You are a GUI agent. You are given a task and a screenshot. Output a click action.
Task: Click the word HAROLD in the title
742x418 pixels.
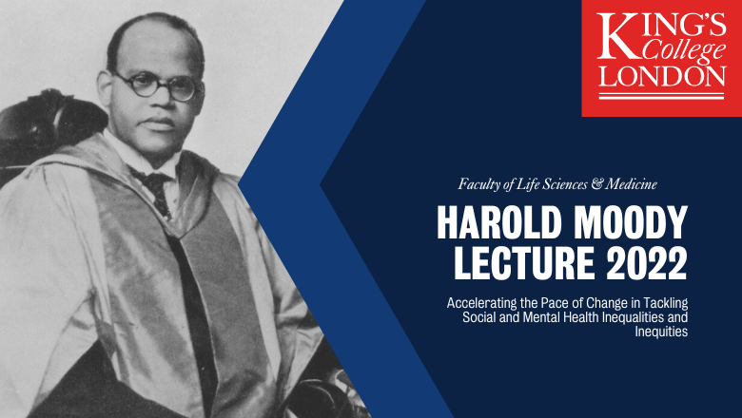coord(498,222)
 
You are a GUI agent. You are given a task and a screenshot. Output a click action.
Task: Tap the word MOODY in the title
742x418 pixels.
coord(631,222)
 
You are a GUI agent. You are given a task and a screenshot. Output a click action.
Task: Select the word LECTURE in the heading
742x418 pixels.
coord(524,262)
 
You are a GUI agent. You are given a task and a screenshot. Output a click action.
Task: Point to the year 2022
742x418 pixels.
coord(647,262)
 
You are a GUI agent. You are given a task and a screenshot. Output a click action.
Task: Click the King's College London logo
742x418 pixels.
coord(661,58)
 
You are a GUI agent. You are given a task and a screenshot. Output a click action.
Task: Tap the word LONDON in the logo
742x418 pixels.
coord(661,76)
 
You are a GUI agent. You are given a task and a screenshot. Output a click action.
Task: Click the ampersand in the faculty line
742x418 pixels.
coord(597,183)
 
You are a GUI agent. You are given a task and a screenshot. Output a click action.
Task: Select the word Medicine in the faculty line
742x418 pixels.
coord(632,183)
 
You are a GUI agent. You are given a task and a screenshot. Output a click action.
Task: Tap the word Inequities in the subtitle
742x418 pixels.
coord(661,332)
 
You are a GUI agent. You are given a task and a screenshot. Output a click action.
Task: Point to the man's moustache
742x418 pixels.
coord(159,122)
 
